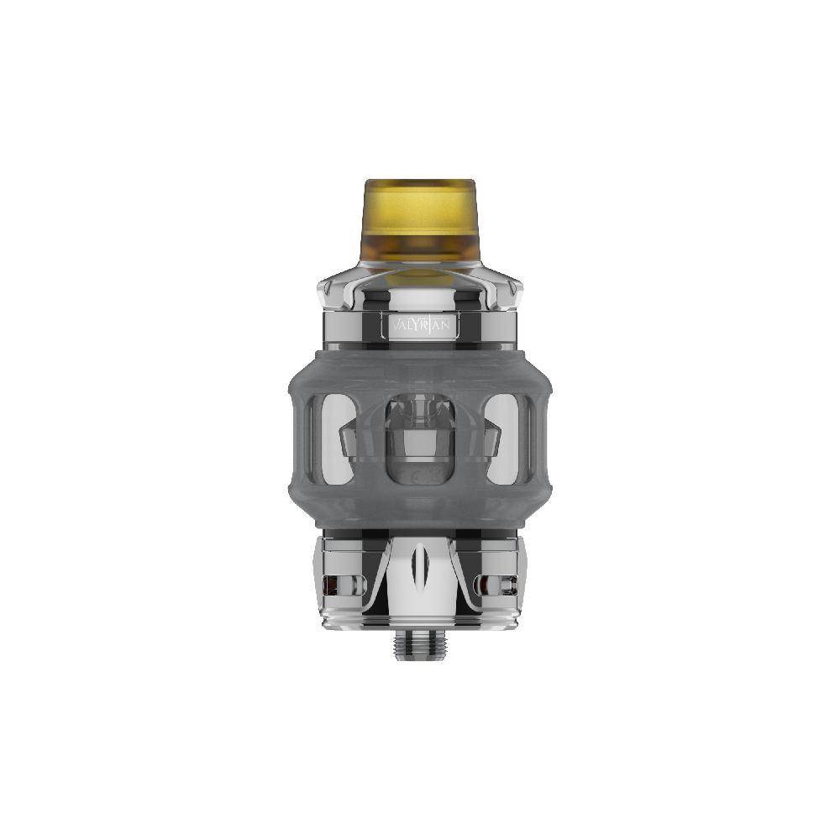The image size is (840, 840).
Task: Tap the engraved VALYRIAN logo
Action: point(419,325)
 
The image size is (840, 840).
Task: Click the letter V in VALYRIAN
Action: point(387,325)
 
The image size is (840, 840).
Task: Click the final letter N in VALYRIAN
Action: point(451,325)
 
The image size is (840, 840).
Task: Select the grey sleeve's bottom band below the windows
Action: point(419,517)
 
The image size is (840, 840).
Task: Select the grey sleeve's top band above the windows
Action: point(419,365)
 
